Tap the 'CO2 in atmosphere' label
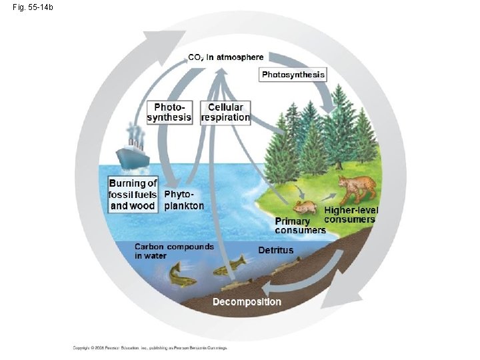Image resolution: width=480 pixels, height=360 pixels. (225, 57)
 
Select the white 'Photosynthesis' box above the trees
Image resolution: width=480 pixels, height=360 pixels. (293, 75)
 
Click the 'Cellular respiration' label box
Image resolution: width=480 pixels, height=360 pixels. (225, 113)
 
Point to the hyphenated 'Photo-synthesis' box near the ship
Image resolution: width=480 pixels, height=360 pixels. (169, 113)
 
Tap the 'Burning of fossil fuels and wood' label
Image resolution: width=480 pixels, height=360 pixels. (133, 194)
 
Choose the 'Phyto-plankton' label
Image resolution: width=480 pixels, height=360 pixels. (183, 200)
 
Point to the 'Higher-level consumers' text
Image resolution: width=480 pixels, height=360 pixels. (351, 215)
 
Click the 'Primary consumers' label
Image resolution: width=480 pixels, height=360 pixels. (300, 225)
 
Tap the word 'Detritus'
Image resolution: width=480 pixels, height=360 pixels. (275, 250)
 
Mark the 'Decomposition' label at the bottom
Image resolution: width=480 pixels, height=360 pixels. (247, 302)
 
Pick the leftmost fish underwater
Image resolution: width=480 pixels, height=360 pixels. (182, 275)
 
